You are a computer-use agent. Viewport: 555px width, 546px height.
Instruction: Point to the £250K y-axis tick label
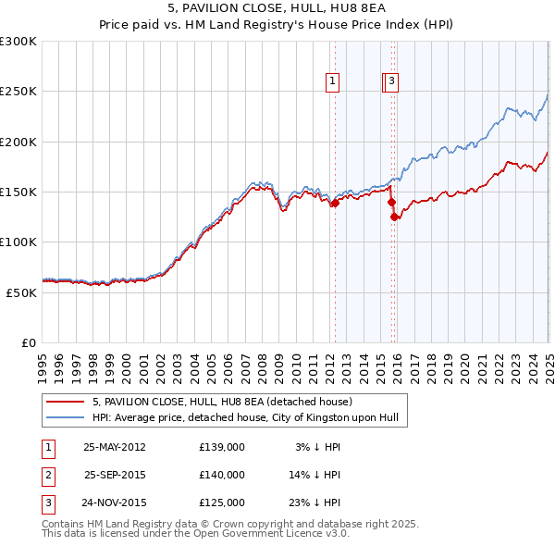coord(18,92)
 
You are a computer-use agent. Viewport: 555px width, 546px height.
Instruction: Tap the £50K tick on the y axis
coord(21,292)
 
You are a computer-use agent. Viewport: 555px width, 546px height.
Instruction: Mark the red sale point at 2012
coord(335,204)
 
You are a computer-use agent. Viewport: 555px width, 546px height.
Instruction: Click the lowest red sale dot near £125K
coord(395,217)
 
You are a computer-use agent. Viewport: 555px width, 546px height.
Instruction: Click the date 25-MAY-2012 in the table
coord(115,446)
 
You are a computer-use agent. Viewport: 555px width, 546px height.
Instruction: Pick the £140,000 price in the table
coord(222,475)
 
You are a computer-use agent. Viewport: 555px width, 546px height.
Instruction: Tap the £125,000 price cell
coord(222,503)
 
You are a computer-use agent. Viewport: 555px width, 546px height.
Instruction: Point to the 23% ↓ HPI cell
coord(318,503)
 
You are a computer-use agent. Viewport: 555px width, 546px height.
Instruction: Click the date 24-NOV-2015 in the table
coord(115,503)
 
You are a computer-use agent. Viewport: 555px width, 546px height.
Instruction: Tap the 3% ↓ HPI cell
coord(318,446)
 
